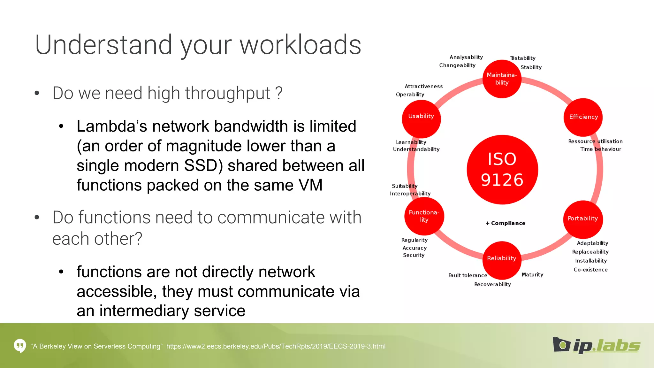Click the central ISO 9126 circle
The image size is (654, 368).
pyautogui.click(x=502, y=170)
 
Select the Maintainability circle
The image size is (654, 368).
pyautogui.click(x=502, y=79)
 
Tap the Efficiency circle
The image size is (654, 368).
pyautogui.click(x=583, y=117)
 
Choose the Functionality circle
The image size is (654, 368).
pyautogui.click(x=424, y=216)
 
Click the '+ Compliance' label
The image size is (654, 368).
pyautogui.click(x=505, y=223)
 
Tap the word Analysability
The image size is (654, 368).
pyautogui.click(x=466, y=57)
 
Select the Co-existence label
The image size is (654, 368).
pyautogui.click(x=590, y=270)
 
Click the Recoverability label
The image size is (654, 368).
pyautogui.click(x=492, y=284)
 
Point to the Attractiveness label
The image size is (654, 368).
pyautogui.click(x=423, y=86)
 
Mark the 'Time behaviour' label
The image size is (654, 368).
pyautogui.click(x=600, y=149)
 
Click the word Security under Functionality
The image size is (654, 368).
pyautogui.click(x=414, y=255)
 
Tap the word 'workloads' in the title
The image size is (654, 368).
pyautogui.click(x=300, y=45)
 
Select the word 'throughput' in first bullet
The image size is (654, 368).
pyautogui.click(x=209, y=93)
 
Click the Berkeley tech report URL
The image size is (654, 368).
pyautogui.click(x=276, y=346)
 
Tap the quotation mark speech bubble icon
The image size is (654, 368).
pyautogui.click(x=20, y=346)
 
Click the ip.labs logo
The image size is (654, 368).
pyautogui.click(x=596, y=345)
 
